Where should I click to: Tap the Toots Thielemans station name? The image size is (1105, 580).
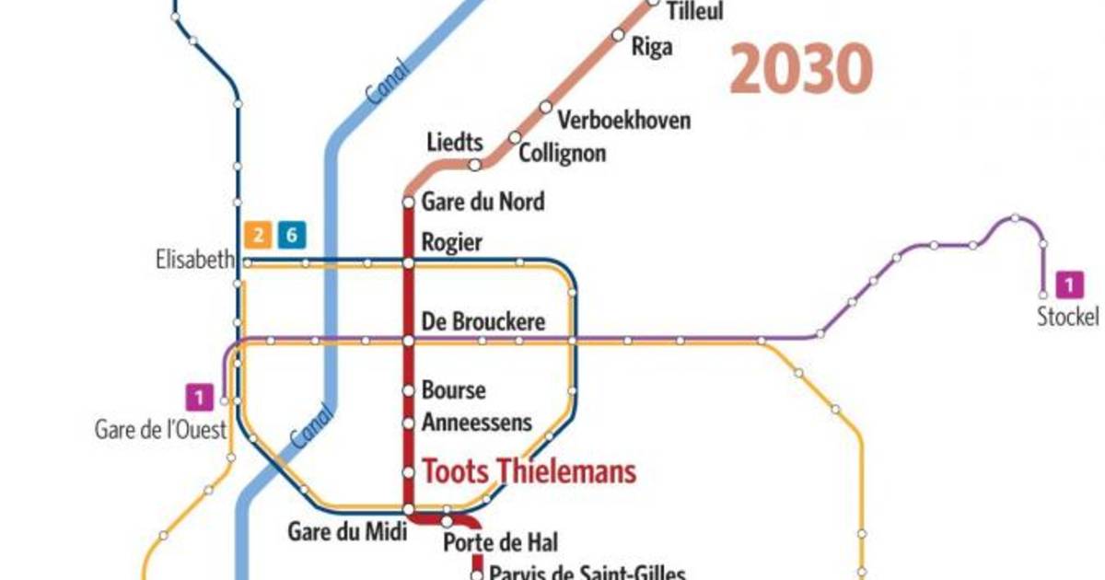point(529,472)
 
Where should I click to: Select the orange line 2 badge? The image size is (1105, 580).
point(258,236)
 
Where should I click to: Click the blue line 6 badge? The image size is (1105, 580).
point(291,236)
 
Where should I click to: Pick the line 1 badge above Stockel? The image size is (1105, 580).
point(1068,284)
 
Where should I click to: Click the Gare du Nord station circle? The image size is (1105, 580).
point(409,202)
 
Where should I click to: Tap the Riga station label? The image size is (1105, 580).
point(651,47)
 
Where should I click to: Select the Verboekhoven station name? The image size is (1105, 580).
point(624,121)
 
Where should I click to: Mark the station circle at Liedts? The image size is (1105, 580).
point(475,166)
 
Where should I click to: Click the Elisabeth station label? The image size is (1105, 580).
point(195,261)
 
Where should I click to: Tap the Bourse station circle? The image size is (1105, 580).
point(409,390)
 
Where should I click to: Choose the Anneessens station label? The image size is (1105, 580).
point(477,423)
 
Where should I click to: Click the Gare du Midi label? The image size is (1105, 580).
point(346,532)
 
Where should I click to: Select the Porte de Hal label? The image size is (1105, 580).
point(501,543)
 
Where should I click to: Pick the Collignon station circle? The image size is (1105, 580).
point(515,138)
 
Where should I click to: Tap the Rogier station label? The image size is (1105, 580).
point(451,242)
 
